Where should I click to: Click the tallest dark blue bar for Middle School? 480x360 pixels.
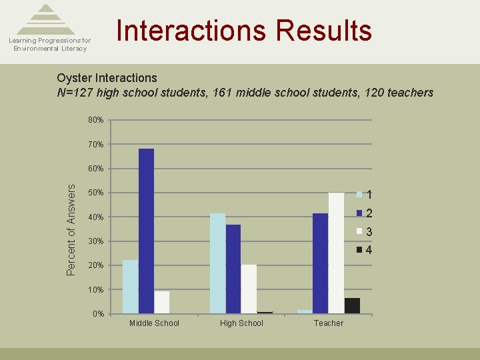[x=146, y=231]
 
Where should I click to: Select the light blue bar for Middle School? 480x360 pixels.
[x=131, y=287]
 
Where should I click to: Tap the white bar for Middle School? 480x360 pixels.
[x=162, y=302]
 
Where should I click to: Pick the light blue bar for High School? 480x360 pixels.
[x=218, y=263]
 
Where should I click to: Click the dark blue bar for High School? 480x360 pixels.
[x=233, y=269]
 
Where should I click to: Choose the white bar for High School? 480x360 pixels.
[x=249, y=289]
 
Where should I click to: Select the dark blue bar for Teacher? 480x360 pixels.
[x=320, y=263]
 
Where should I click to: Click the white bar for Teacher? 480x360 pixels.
[x=336, y=253]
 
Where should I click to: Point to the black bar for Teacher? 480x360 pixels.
[x=352, y=305]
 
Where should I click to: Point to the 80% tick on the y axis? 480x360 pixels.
[x=95, y=121]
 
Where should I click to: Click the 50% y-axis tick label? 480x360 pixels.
[x=95, y=193]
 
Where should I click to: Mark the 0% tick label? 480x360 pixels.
[x=97, y=314]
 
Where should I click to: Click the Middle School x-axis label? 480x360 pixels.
[x=154, y=323]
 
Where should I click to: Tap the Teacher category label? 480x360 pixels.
[x=329, y=323]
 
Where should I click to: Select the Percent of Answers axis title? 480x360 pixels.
[x=72, y=229]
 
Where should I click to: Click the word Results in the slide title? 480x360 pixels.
[x=323, y=31]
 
